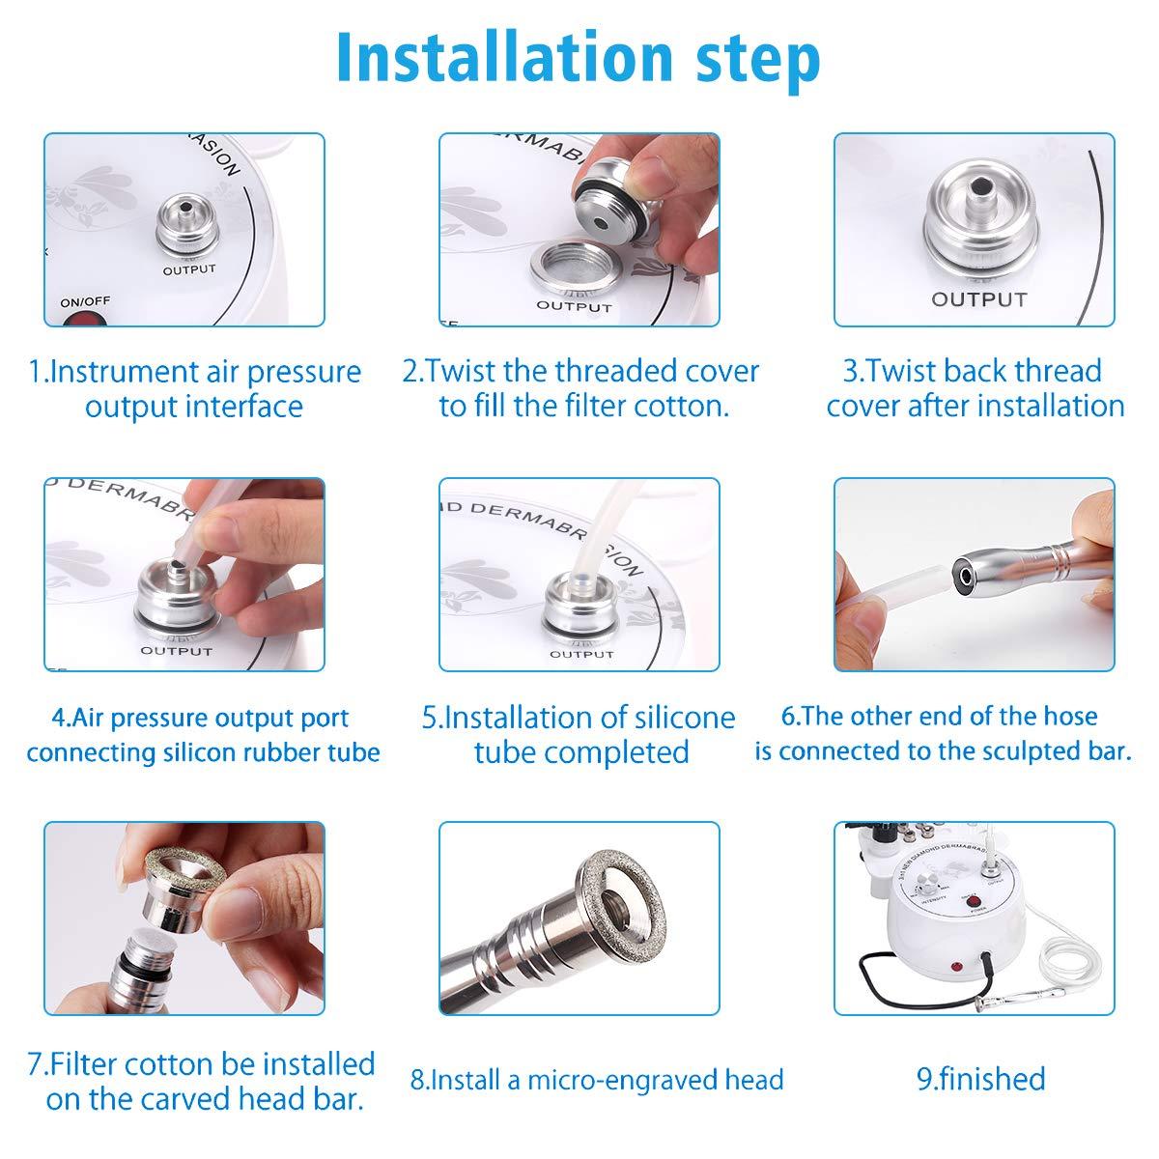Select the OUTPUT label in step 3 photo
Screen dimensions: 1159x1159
978,299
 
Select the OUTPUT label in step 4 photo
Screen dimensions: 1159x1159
176,651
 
